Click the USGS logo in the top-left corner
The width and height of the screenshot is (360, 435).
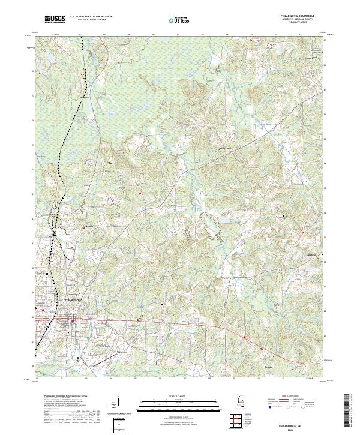pyautogui.click(x=55, y=19)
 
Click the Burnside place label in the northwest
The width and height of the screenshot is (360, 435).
pyautogui.click(x=85, y=97)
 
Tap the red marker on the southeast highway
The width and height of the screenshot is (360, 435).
pyautogui.click(x=245, y=337)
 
